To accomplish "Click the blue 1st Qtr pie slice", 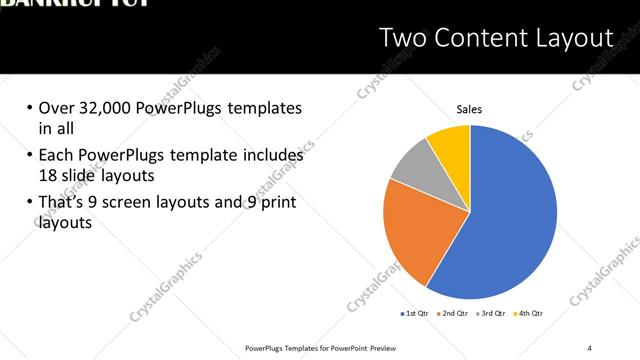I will pyautogui.click(x=510, y=220).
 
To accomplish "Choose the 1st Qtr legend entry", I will pyautogui.click(x=417, y=313).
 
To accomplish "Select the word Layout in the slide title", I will pyautogui.click(x=573, y=39).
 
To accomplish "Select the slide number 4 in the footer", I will pyautogui.click(x=590, y=347).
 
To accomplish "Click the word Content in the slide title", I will pyautogui.click(x=483, y=39).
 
